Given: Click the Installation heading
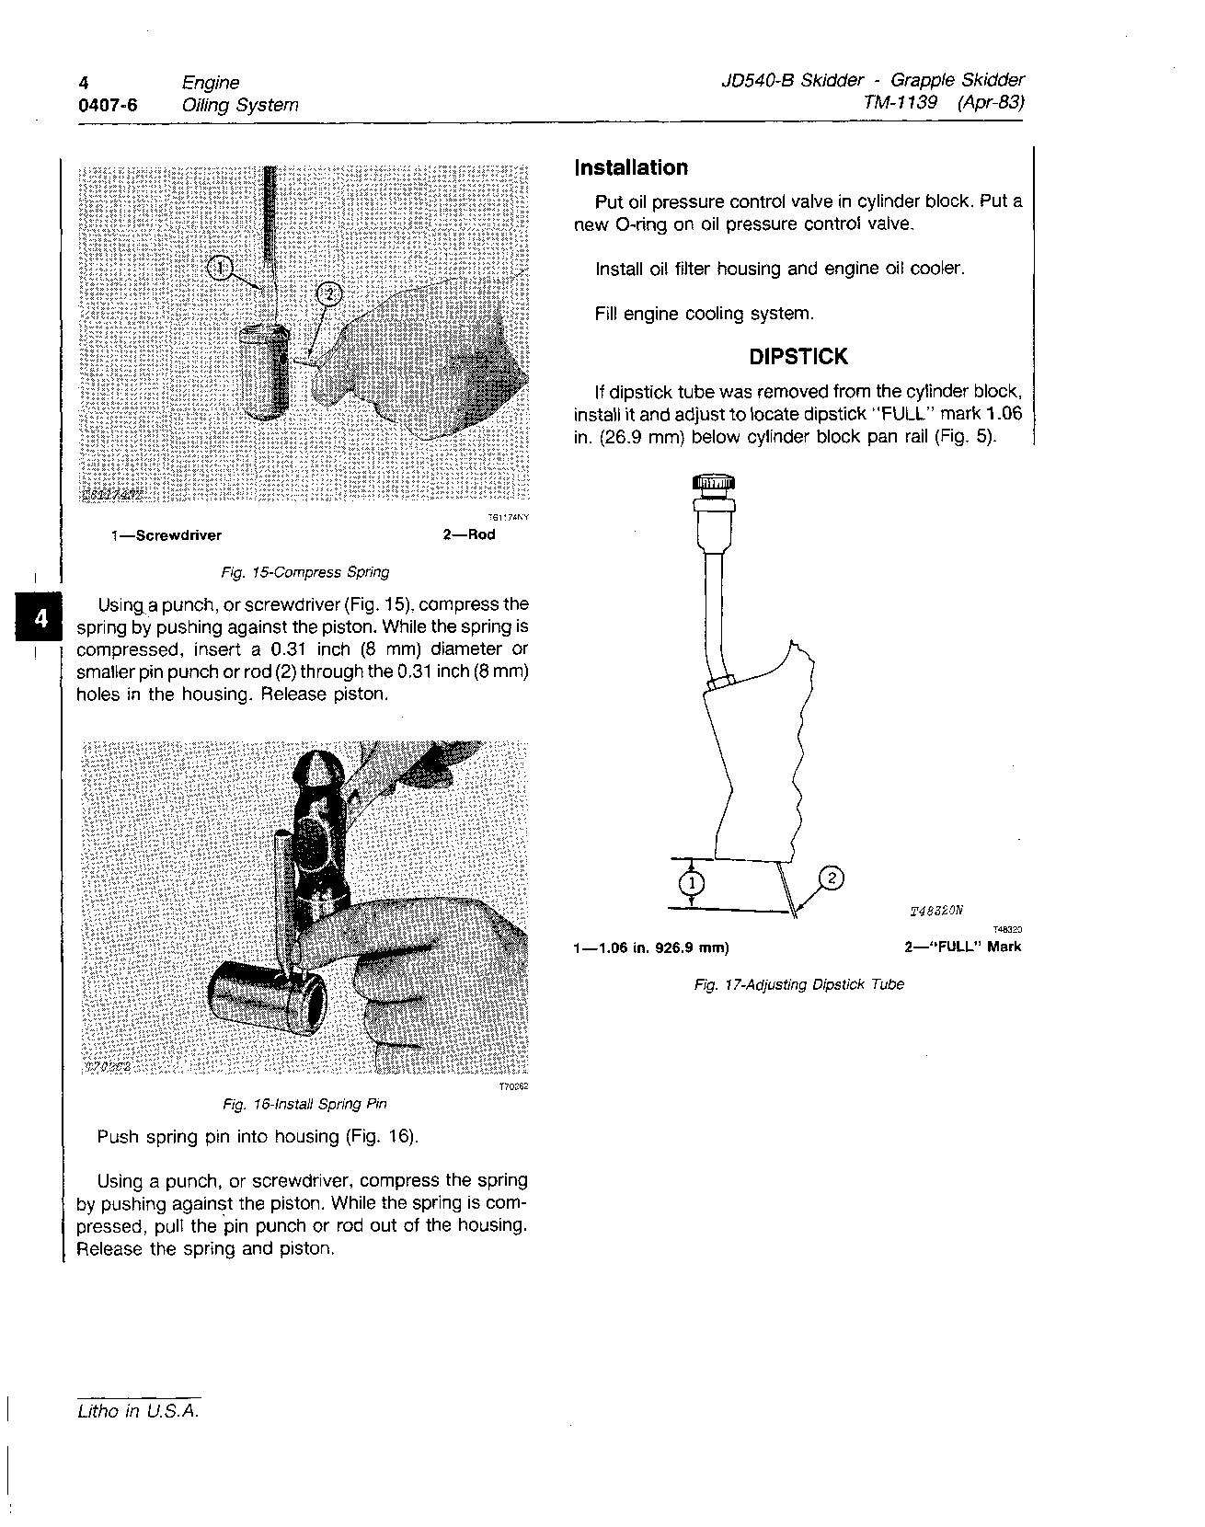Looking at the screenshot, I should point(630,167).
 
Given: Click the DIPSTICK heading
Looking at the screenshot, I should point(798,356).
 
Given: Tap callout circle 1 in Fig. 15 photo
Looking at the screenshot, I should point(220,268).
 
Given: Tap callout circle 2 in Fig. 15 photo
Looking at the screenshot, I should point(328,294).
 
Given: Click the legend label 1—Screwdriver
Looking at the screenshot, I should point(166,535).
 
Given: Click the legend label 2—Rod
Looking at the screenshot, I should point(469,534).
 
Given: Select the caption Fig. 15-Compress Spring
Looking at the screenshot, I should point(304,572).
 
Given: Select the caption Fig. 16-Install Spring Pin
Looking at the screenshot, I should point(304,1104).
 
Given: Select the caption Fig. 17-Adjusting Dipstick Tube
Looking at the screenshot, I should point(798,984).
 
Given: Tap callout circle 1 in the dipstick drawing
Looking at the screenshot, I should point(692,884).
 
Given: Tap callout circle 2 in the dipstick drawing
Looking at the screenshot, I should point(830,878).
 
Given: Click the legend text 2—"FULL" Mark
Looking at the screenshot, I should point(962,947).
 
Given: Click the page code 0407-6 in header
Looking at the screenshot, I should point(108,105).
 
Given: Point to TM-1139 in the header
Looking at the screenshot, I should point(901,102).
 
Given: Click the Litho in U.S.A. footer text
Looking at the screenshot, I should point(138,1411).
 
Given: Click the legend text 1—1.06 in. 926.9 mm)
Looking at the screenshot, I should point(650,947).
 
